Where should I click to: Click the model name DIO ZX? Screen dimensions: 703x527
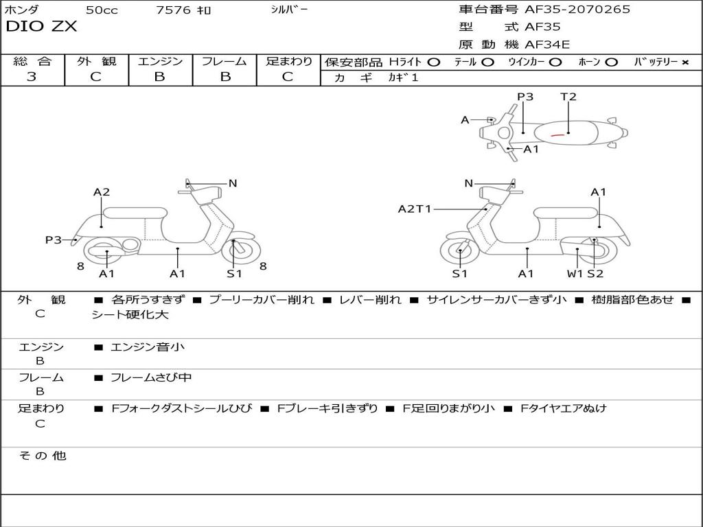click(41, 27)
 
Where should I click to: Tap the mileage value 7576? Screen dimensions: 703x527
click(174, 10)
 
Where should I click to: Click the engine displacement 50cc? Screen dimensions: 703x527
click(101, 10)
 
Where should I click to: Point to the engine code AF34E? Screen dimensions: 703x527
click(547, 45)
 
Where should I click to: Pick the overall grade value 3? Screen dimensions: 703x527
click(32, 77)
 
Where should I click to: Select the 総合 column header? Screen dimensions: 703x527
click(32, 62)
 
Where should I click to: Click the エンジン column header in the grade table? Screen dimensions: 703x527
click(160, 62)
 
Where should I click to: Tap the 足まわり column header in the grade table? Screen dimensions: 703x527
click(288, 62)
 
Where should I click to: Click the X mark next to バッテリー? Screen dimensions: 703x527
click(684, 62)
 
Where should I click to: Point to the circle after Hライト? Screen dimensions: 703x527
click(433, 62)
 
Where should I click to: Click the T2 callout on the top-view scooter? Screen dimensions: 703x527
click(568, 97)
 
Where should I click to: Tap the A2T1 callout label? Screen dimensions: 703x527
click(415, 209)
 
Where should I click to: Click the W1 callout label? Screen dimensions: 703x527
click(575, 274)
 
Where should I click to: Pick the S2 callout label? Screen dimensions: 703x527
click(595, 274)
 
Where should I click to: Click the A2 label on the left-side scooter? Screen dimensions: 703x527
click(102, 192)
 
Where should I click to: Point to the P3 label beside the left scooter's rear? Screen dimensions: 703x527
click(54, 240)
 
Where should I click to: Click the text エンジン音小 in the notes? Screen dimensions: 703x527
click(148, 347)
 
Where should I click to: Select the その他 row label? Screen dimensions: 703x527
click(42, 456)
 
